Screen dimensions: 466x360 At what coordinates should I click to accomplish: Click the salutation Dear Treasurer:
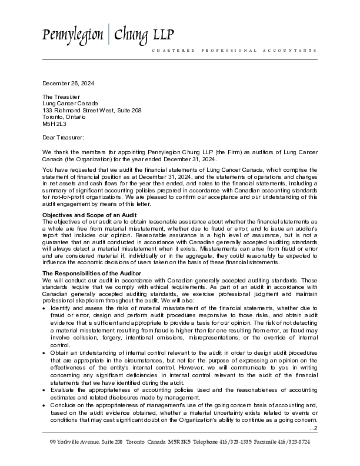point(63,137)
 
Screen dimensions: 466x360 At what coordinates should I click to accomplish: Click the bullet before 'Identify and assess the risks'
point(45,308)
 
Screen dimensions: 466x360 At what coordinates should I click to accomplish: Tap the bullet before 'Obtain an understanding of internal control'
point(45,352)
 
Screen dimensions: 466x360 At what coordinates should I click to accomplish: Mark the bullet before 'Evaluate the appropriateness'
point(45,390)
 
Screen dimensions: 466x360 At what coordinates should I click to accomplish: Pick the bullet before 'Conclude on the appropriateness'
point(45,405)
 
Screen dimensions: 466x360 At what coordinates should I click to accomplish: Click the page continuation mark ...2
point(313,428)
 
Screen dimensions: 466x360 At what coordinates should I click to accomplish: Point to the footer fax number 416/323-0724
point(295,441)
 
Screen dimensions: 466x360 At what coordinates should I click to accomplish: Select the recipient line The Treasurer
point(61,96)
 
